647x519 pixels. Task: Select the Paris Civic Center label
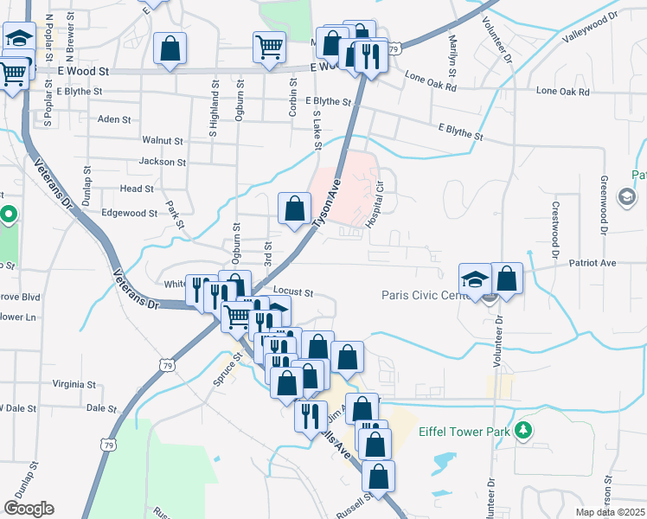[425, 295]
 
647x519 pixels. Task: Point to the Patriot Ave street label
[592, 262]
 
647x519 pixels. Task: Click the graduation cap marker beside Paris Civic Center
[474, 279]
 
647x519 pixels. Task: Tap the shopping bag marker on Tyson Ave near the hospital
[294, 208]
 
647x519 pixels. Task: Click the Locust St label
[292, 293]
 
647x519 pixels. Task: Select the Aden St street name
[114, 119]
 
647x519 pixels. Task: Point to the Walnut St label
[163, 140]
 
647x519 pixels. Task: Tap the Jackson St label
[162, 162]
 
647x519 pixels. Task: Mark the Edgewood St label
[130, 213]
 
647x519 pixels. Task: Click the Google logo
[29, 509]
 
